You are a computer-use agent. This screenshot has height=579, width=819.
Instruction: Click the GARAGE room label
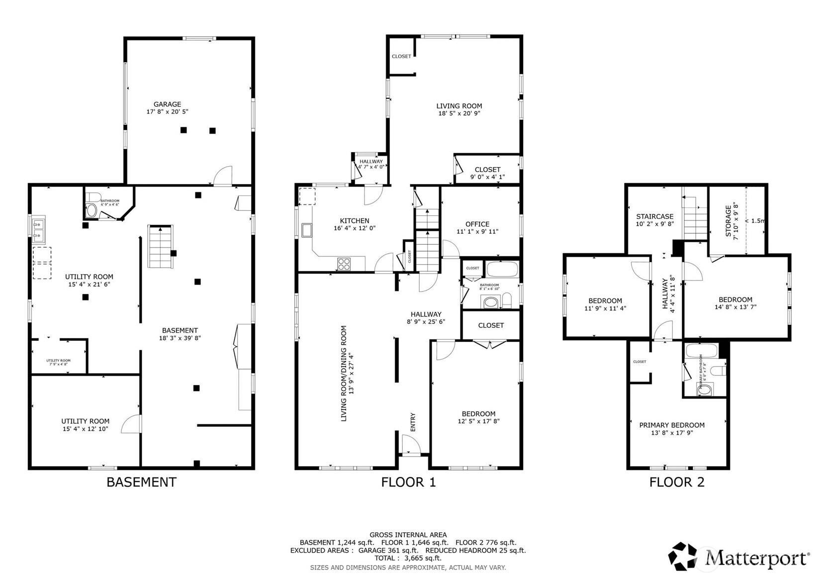[167, 104]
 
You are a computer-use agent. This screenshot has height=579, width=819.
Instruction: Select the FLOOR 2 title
[676, 482]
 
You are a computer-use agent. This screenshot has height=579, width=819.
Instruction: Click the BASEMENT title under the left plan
[141, 482]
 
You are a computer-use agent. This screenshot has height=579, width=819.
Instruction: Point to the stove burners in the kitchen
[344, 264]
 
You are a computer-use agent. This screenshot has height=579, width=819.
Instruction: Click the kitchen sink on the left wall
[307, 230]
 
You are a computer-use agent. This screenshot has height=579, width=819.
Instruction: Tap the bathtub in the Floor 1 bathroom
[502, 270]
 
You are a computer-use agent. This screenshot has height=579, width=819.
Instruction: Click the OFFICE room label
[477, 224]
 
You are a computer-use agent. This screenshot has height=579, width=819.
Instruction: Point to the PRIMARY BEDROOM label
[671, 425]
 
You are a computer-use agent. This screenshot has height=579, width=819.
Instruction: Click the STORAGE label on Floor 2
[728, 221]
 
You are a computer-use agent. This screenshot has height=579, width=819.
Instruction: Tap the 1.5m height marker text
[757, 221]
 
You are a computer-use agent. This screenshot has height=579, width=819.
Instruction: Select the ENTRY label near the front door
[413, 422]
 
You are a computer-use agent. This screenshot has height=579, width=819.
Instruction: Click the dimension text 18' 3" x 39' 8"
[180, 338]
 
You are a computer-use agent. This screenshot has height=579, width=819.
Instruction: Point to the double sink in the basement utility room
[38, 229]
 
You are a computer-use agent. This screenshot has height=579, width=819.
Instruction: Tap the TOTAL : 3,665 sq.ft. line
[408, 558]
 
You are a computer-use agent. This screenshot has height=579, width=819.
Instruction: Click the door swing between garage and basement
[223, 176]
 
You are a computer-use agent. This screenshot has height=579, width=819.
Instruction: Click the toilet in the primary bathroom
[718, 371]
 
